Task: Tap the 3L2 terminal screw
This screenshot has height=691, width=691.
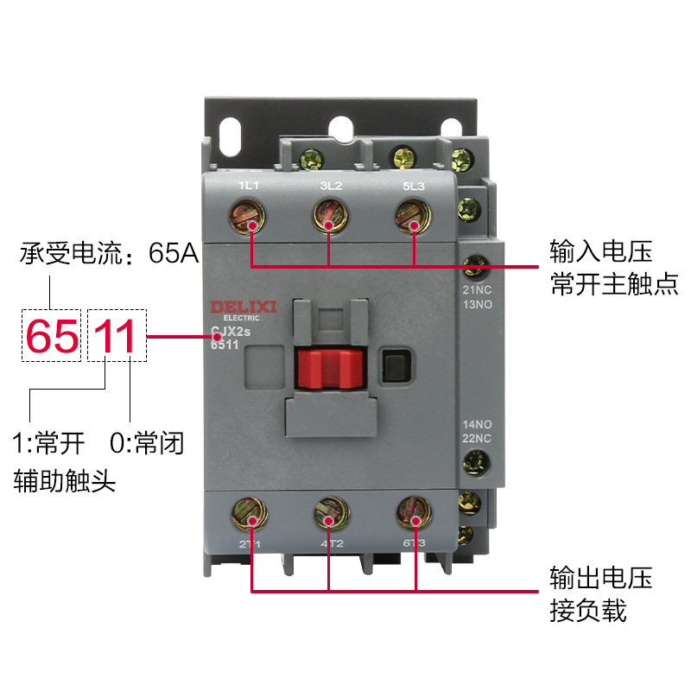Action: point(328,214)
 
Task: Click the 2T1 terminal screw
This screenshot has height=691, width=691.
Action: point(248,516)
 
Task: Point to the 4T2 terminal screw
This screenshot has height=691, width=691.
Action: point(330,516)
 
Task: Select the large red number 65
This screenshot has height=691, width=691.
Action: point(53,336)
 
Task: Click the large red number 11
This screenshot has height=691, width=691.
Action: point(116,336)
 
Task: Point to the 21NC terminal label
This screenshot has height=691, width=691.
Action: point(476,290)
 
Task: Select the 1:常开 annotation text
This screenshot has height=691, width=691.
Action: point(49,444)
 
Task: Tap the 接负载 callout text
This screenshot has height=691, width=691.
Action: point(587,612)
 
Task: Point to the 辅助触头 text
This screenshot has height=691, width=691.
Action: point(65,480)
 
